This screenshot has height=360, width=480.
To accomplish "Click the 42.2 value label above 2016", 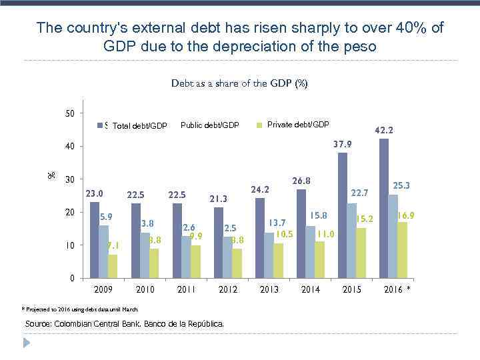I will click(x=384, y=131).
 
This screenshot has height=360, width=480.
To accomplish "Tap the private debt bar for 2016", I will click(x=402, y=250).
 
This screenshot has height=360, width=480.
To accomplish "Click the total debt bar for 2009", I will click(x=95, y=240).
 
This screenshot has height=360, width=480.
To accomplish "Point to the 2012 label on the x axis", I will click(x=228, y=290).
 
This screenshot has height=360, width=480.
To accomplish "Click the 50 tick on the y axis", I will click(x=70, y=113).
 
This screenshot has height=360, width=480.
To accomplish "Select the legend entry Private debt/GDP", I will click(x=297, y=125).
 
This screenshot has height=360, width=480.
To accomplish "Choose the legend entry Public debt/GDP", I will click(x=209, y=125).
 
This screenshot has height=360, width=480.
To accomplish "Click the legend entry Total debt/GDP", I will click(x=139, y=126).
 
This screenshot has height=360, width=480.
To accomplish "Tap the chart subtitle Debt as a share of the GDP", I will click(x=239, y=84).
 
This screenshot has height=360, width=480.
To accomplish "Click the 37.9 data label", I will click(x=342, y=144).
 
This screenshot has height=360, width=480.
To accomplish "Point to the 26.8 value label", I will click(x=301, y=181).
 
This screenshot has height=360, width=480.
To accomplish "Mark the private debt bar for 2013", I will click(x=278, y=261).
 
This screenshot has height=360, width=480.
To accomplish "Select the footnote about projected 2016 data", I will click(x=80, y=309).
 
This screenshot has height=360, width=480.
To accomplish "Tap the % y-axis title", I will click(x=51, y=175).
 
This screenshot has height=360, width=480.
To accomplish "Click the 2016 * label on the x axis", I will click(x=397, y=290).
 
